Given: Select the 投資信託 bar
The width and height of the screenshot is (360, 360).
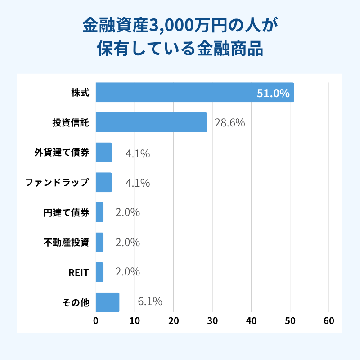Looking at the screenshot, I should (151, 122).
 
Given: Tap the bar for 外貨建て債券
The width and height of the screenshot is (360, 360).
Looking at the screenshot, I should (103, 152).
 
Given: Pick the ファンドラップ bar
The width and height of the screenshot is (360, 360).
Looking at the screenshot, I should (103, 182).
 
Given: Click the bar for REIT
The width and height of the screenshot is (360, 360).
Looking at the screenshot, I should (99, 272).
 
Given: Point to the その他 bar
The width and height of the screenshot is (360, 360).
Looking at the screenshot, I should (108, 302).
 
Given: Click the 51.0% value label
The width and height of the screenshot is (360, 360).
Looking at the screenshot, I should (273, 93).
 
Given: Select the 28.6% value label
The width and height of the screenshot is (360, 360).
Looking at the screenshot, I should (229, 123).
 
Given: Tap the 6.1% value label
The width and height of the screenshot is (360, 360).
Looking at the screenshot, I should (150, 301).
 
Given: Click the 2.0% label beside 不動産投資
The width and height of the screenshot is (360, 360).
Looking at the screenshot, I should (128, 243).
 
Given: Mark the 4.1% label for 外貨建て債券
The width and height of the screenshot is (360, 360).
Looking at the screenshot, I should (138, 153).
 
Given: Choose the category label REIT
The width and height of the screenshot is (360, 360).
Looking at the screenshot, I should (79, 273).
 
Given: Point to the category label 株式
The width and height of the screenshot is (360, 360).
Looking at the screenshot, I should (80, 93).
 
